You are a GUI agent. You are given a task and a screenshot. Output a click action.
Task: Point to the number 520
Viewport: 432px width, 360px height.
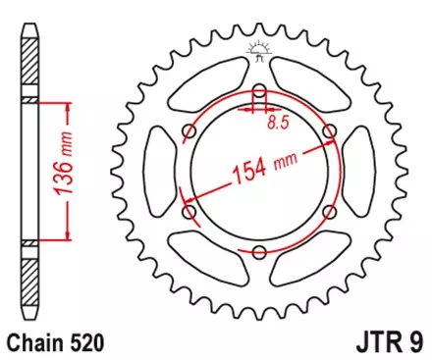click(85, 342)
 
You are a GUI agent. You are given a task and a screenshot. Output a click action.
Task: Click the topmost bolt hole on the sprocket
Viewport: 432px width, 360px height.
click(259, 93)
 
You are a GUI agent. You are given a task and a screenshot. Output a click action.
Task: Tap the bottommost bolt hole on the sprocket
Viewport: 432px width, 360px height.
click(259, 253)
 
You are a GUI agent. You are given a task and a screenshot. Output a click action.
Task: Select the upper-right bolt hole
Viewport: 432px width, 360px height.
click(328, 133)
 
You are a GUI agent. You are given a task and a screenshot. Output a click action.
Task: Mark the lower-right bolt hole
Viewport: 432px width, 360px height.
click(328, 213)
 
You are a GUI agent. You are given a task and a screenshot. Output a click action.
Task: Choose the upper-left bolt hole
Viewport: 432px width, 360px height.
click(189, 133)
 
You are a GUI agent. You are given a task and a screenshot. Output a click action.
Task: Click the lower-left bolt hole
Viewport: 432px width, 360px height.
click(189, 213)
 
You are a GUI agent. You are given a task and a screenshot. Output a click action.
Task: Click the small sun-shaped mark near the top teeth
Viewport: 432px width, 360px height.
click(259, 47)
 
